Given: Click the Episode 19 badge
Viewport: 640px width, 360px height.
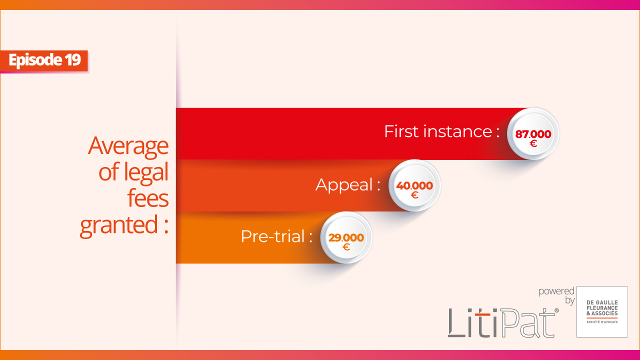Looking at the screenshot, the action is pos(44,61).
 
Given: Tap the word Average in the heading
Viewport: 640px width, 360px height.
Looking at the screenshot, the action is pos(128,146).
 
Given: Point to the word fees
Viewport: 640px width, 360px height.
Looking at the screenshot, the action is pos(148,197).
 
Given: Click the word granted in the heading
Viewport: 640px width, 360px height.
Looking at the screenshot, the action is pos(119,225).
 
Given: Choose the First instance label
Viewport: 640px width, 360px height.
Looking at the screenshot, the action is pos(441,131).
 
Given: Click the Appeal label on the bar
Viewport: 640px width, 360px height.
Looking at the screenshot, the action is pos(347,185).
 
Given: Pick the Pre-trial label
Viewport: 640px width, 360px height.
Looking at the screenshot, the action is pos(276,236).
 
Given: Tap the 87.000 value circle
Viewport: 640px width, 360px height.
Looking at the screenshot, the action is pos(533,133).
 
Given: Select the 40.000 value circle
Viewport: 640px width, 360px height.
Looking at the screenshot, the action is pos(414,185).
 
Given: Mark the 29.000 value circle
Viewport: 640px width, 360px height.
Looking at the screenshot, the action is pos(346,237).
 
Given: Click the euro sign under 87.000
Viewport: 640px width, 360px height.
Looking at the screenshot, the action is pos(533,143).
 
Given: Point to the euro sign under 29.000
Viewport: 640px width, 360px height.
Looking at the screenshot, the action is pos(346,247).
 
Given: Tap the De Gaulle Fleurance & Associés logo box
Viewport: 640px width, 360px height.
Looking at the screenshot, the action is pos(602,311).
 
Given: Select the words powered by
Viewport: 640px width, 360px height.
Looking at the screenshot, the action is pos(556,296).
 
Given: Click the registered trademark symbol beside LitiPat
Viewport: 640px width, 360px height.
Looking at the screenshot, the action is pos(556,310).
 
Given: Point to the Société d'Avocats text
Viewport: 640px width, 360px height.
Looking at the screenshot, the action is pos(602,322).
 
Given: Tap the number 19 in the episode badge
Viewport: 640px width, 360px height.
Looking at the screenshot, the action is pos(72,60).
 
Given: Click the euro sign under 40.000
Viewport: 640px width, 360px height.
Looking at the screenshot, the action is pos(414,195).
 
